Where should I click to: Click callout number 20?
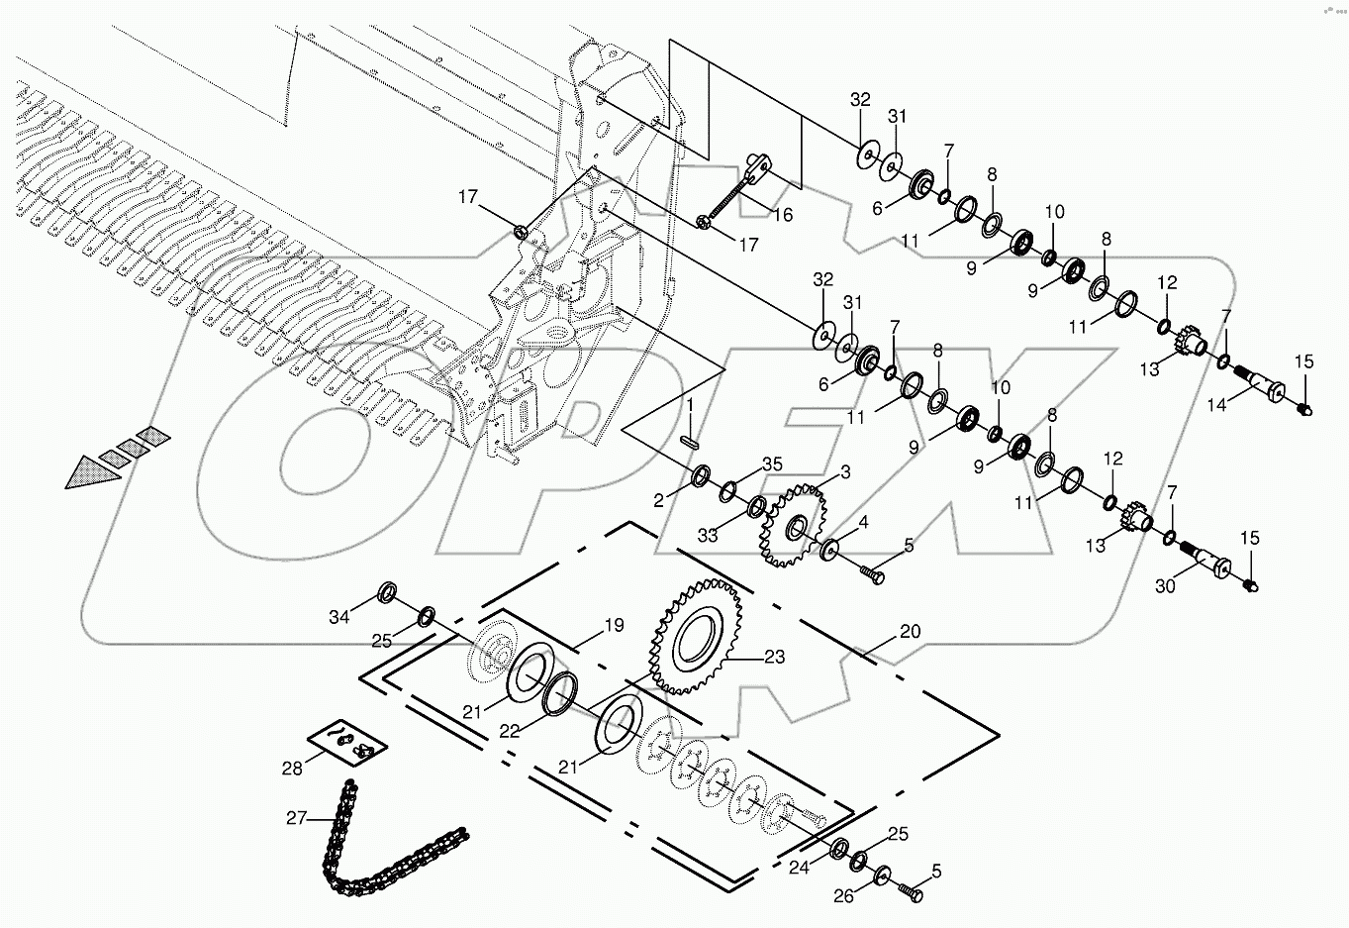click(911, 631)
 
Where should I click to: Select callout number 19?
click(614, 626)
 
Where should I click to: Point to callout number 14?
click(1216, 404)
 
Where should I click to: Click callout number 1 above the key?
click(691, 406)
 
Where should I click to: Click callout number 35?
click(772, 464)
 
